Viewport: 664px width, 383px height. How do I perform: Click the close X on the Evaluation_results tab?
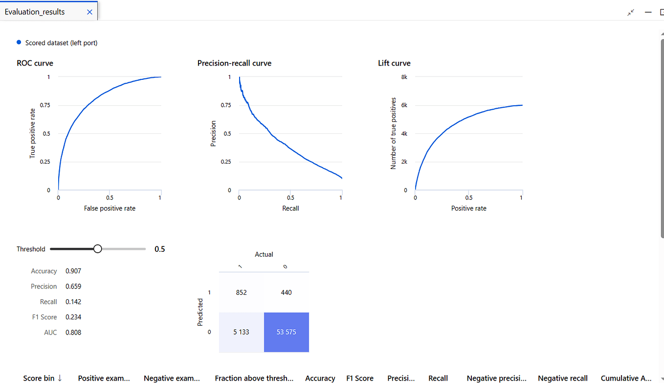pyautogui.click(x=89, y=12)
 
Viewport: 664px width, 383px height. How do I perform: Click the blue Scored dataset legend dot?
pyautogui.click(x=19, y=43)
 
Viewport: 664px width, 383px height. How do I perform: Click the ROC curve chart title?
pyautogui.click(x=35, y=63)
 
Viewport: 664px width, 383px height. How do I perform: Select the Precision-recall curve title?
pyautogui.click(x=234, y=63)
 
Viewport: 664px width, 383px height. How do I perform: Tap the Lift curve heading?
pyautogui.click(x=394, y=63)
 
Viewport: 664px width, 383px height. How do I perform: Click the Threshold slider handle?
pyautogui.click(x=98, y=249)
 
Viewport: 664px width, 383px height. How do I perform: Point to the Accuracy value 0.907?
pyautogui.click(x=73, y=271)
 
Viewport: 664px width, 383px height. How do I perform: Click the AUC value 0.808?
pyautogui.click(x=73, y=332)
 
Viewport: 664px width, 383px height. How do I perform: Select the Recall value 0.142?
pyautogui.click(x=73, y=302)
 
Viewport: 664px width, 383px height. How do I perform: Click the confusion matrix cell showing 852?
pyautogui.click(x=241, y=292)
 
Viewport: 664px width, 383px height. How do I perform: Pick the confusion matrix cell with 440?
pyautogui.click(x=286, y=292)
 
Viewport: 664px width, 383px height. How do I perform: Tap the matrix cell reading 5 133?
pyautogui.click(x=241, y=332)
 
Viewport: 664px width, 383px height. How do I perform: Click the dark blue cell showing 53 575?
pyautogui.click(x=286, y=332)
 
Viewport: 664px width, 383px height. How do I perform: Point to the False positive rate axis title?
pyautogui.click(x=109, y=208)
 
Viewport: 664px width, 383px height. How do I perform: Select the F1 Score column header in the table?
pyautogui.click(x=360, y=378)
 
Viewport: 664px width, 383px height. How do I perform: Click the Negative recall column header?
pyautogui.click(x=563, y=378)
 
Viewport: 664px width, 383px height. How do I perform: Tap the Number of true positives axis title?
pyautogui.click(x=393, y=133)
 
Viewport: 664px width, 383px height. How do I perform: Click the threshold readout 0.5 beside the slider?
pyautogui.click(x=160, y=249)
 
